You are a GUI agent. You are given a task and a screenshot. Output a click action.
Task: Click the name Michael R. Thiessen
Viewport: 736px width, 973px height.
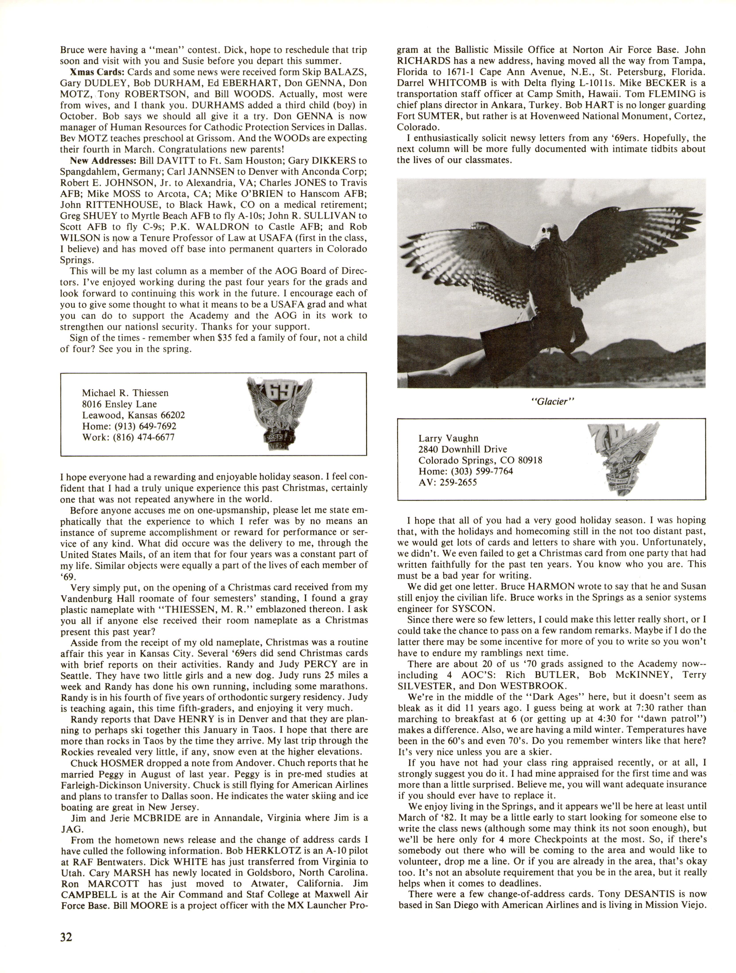point(125,393)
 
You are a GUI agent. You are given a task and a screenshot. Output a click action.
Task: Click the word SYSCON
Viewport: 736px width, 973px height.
point(470,609)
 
